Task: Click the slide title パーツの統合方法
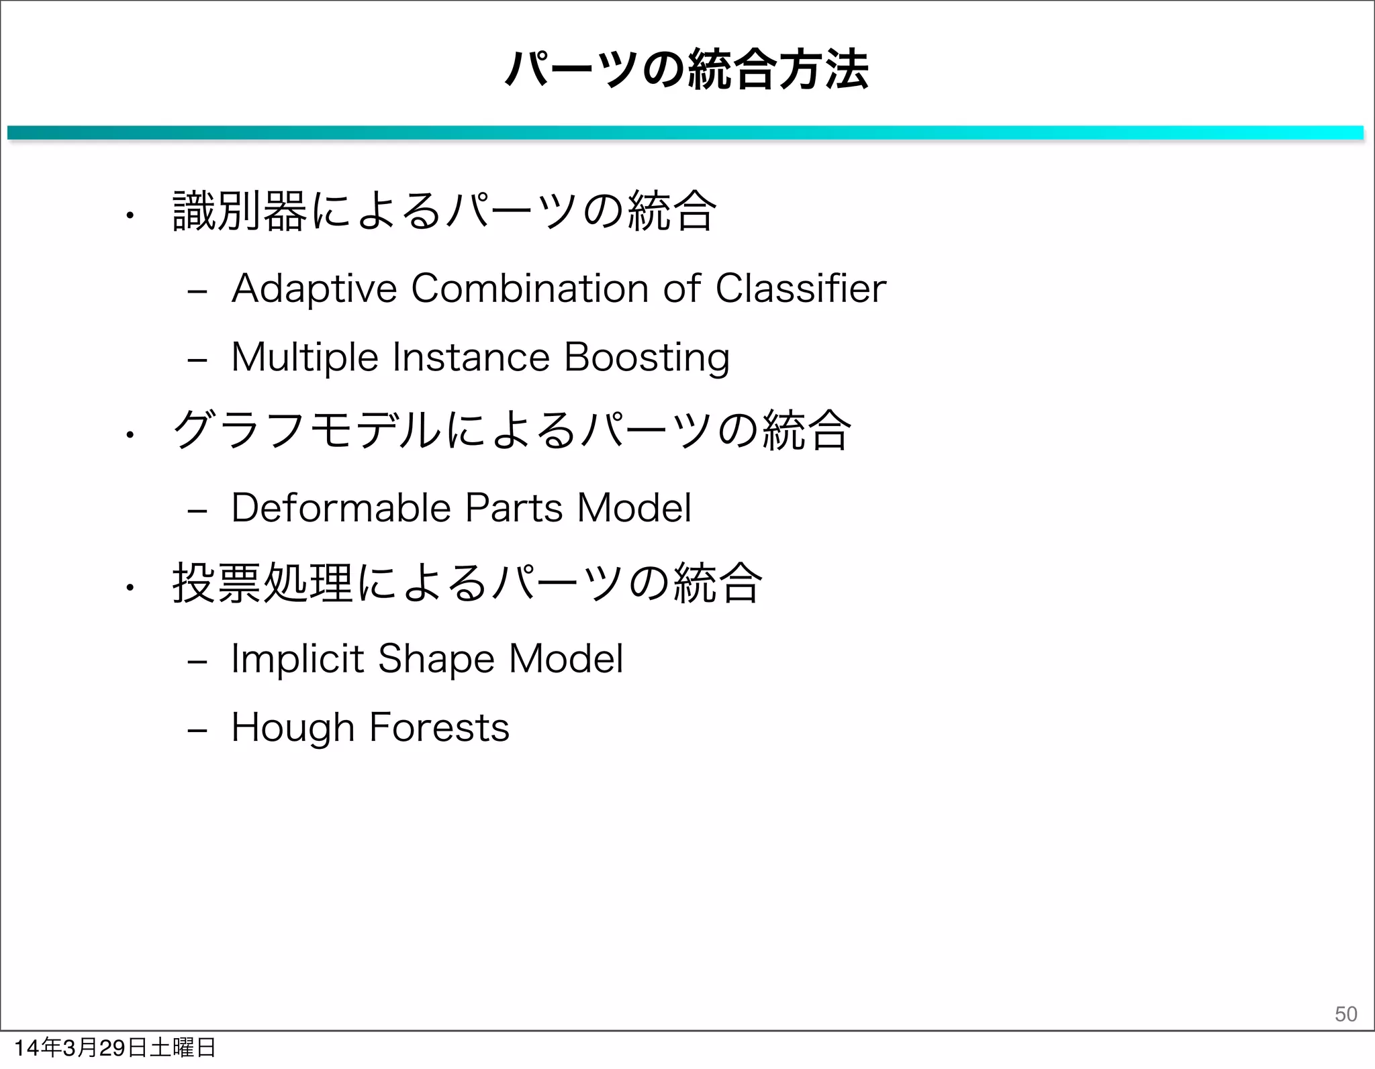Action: tap(687, 70)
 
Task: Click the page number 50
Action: tap(1345, 1013)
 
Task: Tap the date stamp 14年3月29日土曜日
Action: tap(114, 1048)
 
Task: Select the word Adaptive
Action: tap(314, 289)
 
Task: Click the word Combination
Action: tap(529, 289)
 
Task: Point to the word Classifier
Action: tap(800, 289)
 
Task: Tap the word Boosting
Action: tap(647, 358)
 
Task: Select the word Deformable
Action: tap(341, 508)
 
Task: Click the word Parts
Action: tap(514, 508)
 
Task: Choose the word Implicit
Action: tap(297, 658)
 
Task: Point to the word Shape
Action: tap(436, 660)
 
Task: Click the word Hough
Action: tap(293, 729)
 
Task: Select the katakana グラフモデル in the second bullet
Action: tap(307, 431)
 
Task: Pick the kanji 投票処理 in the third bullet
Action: tap(263, 583)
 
